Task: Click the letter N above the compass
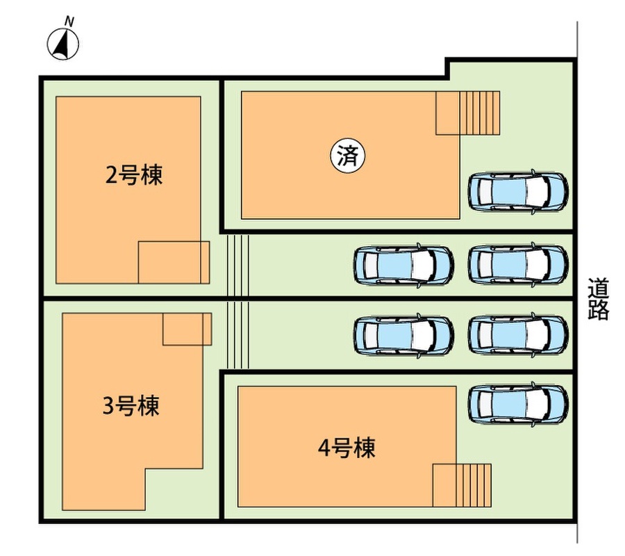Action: [69, 22]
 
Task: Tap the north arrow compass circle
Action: [62, 44]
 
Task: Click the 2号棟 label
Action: [134, 175]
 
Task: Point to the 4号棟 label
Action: [347, 448]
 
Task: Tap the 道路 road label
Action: [598, 299]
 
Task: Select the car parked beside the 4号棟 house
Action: [518, 404]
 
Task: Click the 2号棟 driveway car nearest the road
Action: [518, 264]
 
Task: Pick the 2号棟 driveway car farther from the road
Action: [403, 265]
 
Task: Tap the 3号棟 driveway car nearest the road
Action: [518, 336]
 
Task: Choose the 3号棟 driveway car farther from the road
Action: [403, 336]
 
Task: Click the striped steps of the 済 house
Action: [479, 113]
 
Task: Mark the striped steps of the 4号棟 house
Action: [475, 485]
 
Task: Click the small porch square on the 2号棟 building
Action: [173, 262]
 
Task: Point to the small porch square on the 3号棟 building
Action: [186, 329]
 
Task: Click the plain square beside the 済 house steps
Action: [447, 113]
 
